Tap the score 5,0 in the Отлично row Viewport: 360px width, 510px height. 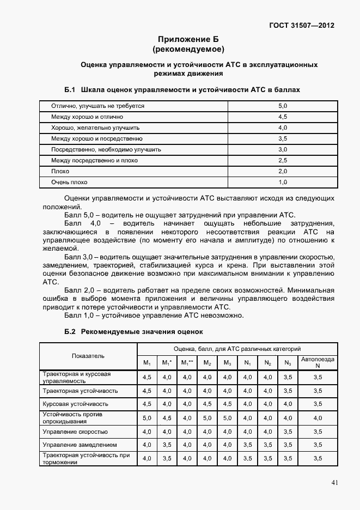tap(282, 106)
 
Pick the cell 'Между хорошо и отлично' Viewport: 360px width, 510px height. tap(87, 117)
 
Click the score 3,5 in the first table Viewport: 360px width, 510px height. tap(282, 138)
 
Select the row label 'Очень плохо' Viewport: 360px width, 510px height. tap(69, 182)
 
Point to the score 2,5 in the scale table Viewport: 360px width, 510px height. tap(282, 160)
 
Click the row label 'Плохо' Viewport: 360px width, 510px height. tap(60, 171)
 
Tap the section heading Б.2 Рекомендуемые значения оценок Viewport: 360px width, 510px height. tap(133, 331)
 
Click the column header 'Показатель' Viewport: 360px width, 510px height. tap(88, 356)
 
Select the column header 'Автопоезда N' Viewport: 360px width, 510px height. tap(318, 362)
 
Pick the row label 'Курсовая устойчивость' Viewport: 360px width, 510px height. tap(75, 404)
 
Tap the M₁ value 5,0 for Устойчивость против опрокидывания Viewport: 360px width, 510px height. tap(147, 418)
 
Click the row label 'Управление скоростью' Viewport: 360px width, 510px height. tap(75, 432)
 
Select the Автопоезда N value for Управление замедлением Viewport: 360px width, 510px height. tap(318, 445)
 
